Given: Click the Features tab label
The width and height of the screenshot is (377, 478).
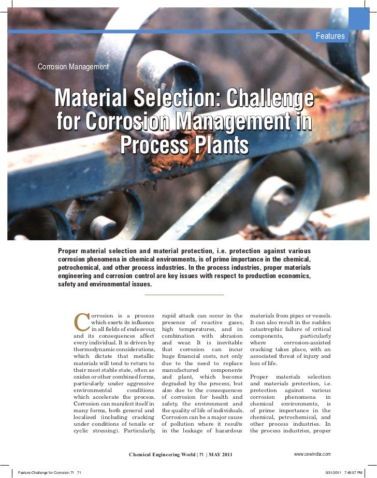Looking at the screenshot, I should pos(330,36).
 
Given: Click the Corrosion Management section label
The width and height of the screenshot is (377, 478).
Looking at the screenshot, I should pos(74,67).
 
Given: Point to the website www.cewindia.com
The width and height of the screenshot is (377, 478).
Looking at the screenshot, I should pos(312,454).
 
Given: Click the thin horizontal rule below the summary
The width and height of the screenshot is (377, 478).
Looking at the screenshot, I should pos(184,295).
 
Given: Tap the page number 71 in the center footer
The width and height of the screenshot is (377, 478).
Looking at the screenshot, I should pos(202,454).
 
